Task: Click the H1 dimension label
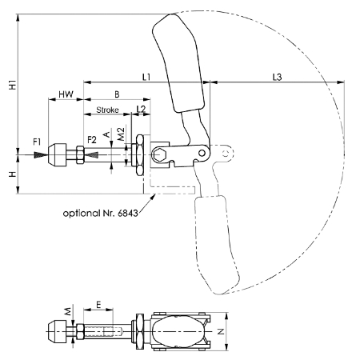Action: pyautogui.click(x=13, y=85)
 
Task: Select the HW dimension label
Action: pyautogui.click(x=66, y=94)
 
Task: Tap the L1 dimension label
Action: pyautogui.click(x=146, y=77)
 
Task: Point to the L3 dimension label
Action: pyautogui.click(x=277, y=77)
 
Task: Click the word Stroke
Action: pyautogui.click(x=107, y=110)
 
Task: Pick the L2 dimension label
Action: pyautogui.click(x=141, y=109)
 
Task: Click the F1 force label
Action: pyautogui.click(x=37, y=142)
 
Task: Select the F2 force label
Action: pyautogui.click(x=92, y=140)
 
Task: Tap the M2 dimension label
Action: pyautogui.click(x=121, y=134)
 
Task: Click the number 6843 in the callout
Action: pyautogui.click(x=128, y=213)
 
